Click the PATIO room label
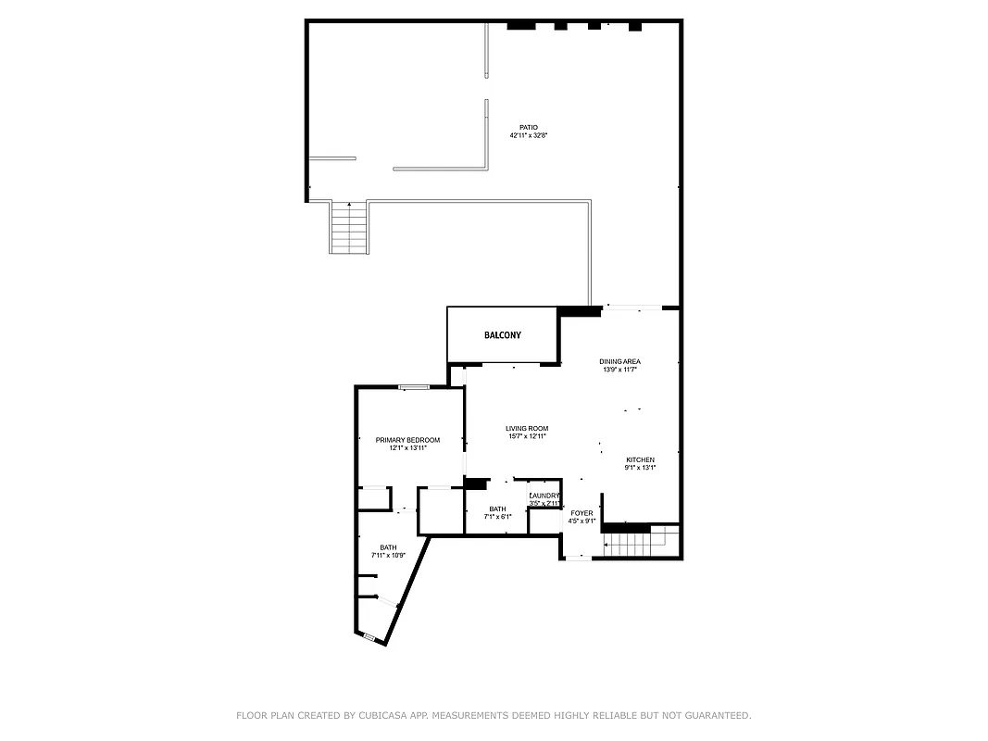528,128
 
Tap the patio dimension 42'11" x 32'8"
528,136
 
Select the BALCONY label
503,335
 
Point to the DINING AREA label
619,361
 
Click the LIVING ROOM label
527,428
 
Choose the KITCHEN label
640,459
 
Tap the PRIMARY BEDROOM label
407,440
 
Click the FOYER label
582,513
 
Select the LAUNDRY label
544,496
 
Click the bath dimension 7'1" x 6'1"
497,517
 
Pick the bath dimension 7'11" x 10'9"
389,556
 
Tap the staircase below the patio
350,229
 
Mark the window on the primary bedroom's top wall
414,386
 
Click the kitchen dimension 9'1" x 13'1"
640,468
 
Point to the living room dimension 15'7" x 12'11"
527,436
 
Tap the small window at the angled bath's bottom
369,636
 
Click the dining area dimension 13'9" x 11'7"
619,370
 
